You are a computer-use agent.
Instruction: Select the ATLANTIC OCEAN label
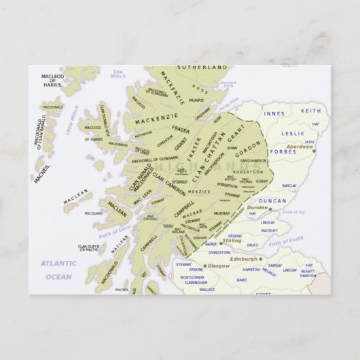pos(58,269)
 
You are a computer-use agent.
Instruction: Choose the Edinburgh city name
pos(245,259)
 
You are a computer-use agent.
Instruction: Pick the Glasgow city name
pos(219,266)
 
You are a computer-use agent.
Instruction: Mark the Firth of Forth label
pos(286,239)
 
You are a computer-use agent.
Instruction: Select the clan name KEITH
pos(310,111)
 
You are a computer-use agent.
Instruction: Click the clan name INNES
pos(274,114)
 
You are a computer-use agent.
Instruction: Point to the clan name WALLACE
pos(206,289)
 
